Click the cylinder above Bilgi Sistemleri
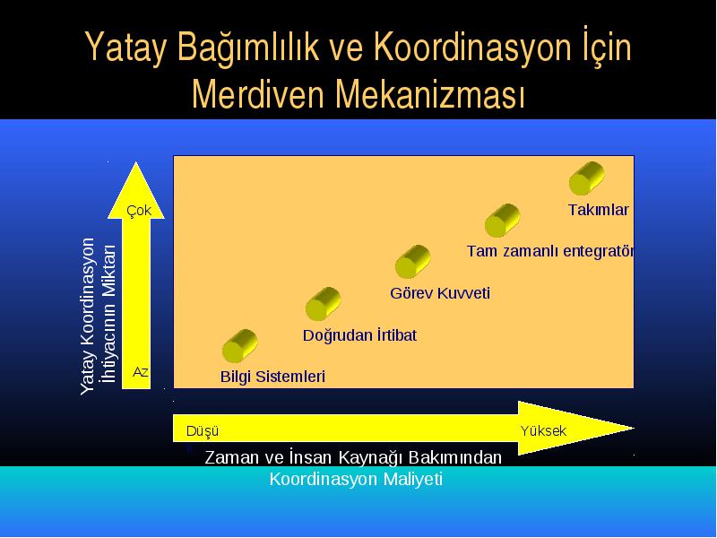point(239,346)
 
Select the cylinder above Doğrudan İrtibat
point(324,304)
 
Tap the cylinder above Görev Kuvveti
point(413,262)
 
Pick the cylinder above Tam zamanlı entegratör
point(503,221)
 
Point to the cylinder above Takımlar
point(587,178)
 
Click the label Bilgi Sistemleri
point(272,377)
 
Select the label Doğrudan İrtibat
point(359,335)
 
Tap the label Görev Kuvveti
point(440,293)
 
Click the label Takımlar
point(599,210)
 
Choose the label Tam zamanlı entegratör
point(550,251)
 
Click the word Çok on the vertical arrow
point(139,211)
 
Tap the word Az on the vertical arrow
point(141,372)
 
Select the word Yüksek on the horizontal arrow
point(543,431)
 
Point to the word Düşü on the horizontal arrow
point(203,431)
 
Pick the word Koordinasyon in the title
point(473,47)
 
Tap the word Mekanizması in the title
point(430,94)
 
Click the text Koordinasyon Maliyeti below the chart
point(356,480)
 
